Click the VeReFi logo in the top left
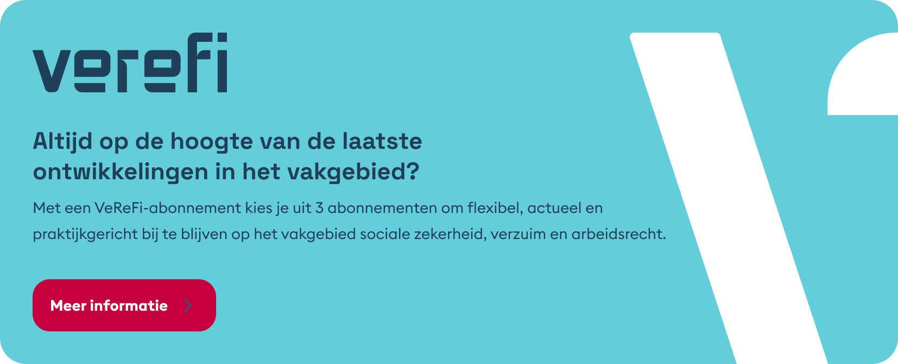pyautogui.click(x=130, y=62)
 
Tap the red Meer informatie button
pyautogui.click(x=124, y=305)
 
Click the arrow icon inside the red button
pyautogui.click(x=188, y=305)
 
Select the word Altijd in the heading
pyautogui.click(x=62, y=141)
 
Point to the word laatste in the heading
pyautogui.click(x=382, y=141)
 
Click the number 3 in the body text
pyautogui.click(x=319, y=208)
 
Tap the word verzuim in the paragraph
pyautogui.click(x=518, y=234)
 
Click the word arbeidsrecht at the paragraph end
pyautogui.click(x=618, y=234)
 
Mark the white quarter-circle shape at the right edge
pyautogui.click(x=862, y=76)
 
